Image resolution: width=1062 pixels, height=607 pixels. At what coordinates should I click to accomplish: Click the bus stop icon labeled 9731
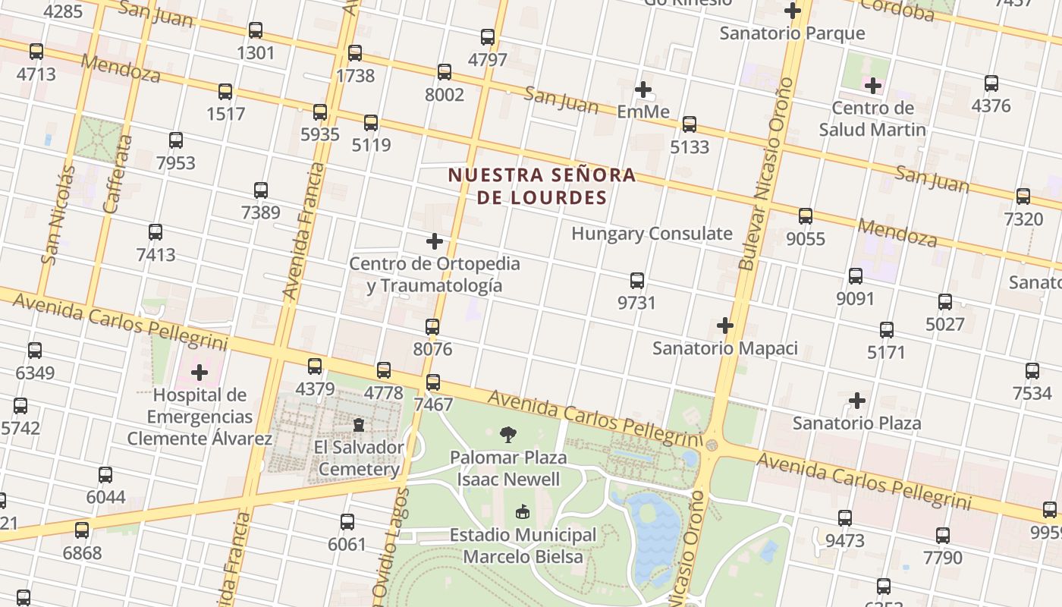pos(637,281)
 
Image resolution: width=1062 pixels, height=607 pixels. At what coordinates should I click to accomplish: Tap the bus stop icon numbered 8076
pos(432,327)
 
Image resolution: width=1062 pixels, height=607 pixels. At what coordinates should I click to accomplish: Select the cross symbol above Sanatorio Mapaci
pos(725,326)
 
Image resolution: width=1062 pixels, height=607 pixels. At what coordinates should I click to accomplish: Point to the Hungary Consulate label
pos(652,234)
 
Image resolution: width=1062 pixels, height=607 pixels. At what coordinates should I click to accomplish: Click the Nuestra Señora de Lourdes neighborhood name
pos(542,187)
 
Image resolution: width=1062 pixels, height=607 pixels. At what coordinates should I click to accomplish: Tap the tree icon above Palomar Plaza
pos(508,435)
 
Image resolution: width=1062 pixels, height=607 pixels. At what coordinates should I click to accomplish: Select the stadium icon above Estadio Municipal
pos(523,512)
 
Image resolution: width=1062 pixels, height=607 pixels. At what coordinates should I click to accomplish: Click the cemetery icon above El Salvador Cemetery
pos(359,424)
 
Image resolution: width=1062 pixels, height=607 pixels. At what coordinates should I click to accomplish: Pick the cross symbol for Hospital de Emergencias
pos(200,373)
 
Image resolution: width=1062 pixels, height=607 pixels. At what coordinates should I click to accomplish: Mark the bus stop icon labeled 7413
pos(156,232)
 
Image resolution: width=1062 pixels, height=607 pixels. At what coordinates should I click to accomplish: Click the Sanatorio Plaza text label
pos(856,423)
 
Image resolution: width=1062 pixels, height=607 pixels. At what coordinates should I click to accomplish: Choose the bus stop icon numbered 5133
pos(689,124)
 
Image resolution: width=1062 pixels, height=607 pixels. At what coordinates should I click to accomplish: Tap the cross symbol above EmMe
pos(643,90)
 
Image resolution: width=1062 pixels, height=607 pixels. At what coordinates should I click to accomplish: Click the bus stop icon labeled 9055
pos(806,216)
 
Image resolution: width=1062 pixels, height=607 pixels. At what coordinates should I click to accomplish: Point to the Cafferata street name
pos(118,184)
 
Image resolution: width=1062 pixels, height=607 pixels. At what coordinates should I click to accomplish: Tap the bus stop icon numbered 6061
pos(347,522)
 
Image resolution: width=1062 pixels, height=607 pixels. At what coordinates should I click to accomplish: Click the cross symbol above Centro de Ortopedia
pos(435,241)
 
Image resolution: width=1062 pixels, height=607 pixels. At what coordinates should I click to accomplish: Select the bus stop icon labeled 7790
pos(943,536)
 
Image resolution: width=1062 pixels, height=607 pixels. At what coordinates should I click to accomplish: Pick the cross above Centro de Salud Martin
pos(873,86)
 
